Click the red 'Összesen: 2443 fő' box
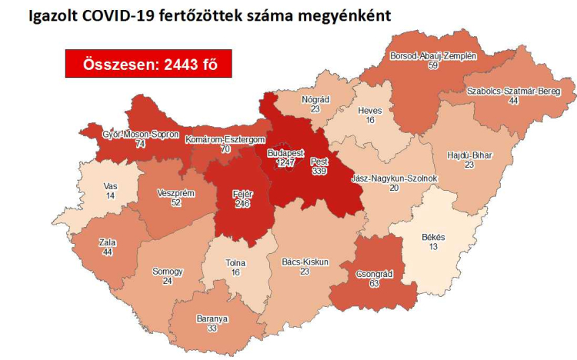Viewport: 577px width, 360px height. [148, 65]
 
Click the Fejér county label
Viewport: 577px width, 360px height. [243, 192]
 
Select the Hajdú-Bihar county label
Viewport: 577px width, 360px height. [469, 155]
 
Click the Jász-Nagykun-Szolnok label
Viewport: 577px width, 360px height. [393, 178]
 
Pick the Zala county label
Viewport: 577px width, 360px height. [108, 242]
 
